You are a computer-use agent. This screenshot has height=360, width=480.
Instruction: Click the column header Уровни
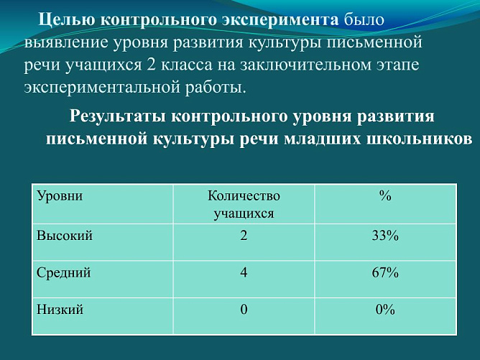tap(60, 196)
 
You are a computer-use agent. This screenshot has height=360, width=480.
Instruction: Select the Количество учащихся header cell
tap(244, 204)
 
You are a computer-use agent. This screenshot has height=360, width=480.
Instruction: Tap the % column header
tap(385, 196)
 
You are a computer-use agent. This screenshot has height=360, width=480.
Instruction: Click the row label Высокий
tap(65, 235)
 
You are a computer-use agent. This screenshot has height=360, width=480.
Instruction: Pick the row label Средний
tap(64, 272)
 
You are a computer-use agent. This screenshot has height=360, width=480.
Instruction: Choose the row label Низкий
tap(60, 310)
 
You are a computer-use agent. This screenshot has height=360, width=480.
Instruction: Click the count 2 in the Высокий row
tap(244, 235)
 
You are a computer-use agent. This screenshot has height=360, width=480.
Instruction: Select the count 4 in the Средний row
tap(244, 272)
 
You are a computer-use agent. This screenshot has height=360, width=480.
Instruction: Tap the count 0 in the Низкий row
tap(244, 310)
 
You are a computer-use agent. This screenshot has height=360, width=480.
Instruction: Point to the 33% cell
tap(385, 235)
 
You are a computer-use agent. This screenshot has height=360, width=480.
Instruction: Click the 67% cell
tap(385, 272)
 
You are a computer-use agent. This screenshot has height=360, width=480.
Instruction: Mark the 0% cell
tap(385, 310)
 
